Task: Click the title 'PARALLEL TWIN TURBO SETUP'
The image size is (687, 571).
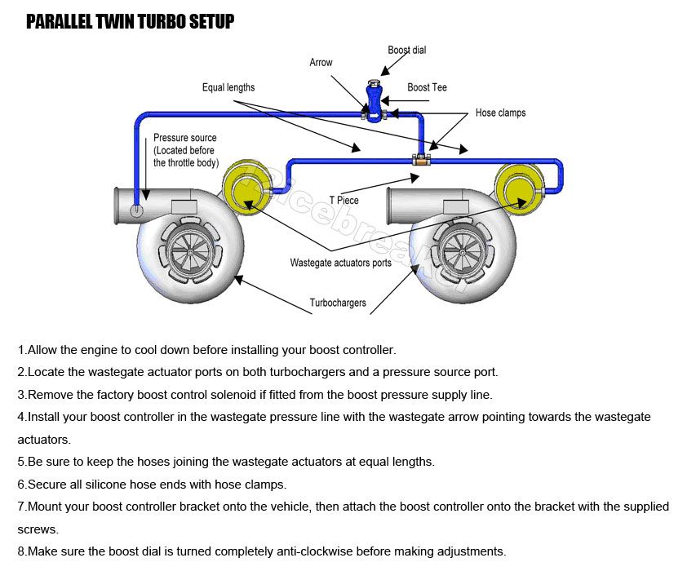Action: pyautogui.click(x=130, y=21)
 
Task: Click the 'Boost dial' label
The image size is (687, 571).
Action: pyautogui.click(x=406, y=50)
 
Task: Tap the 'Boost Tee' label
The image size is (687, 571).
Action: pyautogui.click(x=427, y=87)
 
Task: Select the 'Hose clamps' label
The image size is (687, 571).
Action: pyautogui.click(x=500, y=113)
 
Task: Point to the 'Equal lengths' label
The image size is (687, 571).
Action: pyautogui.click(x=228, y=87)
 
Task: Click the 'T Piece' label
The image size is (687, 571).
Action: pyautogui.click(x=343, y=200)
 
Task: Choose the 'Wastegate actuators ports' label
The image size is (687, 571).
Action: pyautogui.click(x=340, y=263)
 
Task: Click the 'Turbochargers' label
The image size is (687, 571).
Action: pyautogui.click(x=338, y=303)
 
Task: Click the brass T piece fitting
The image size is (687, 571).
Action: pyautogui.click(x=421, y=161)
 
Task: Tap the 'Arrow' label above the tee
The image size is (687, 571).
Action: pyautogui.click(x=321, y=62)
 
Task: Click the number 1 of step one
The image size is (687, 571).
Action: pyautogui.click(x=21, y=350)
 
